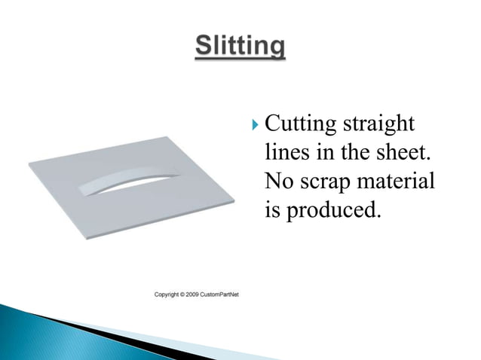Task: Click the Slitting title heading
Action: [x=240, y=47]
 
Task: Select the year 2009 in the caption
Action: [x=200, y=294]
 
